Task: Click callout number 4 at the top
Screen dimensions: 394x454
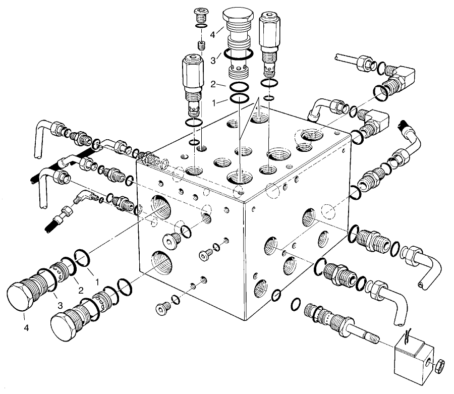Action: coord(213,35)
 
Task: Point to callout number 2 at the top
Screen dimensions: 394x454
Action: coord(213,85)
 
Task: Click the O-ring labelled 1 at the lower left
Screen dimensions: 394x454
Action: coord(82,257)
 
